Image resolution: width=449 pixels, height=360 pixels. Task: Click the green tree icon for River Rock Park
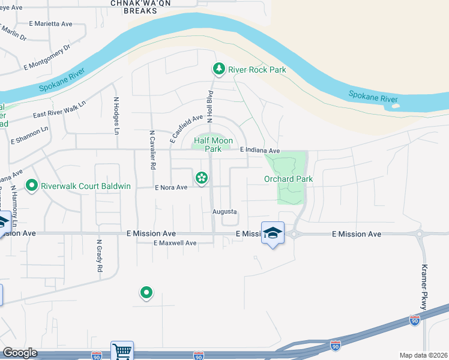pyautogui.click(x=219, y=70)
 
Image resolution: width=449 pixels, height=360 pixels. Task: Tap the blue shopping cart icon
pyautogui.click(x=122, y=350)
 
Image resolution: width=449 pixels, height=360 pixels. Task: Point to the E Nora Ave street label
pyautogui.click(x=171, y=187)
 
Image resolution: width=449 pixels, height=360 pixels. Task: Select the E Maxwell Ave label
pyautogui.click(x=175, y=243)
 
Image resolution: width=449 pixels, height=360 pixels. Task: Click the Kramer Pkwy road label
pyautogui.click(x=424, y=287)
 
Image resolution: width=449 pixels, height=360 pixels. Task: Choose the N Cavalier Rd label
pyautogui.click(x=153, y=149)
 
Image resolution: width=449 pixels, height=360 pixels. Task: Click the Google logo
pyautogui.click(x=20, y=353)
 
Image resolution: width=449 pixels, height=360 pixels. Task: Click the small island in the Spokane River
pyautogui.click(x=394, y=107)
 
